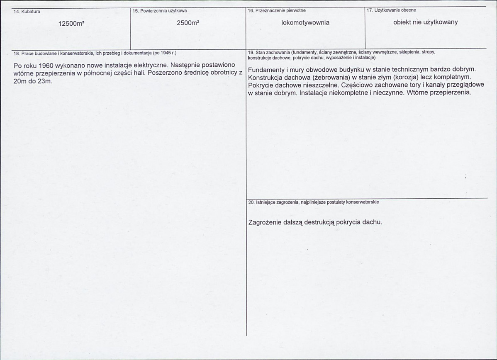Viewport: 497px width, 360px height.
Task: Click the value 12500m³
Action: [71, 24]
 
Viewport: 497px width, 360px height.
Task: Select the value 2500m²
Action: [188, 23]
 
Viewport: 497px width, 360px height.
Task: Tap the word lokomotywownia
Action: [305, 23]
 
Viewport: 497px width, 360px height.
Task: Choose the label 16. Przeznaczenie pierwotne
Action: [276, 10]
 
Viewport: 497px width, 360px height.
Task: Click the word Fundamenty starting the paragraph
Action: [267, 70]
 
